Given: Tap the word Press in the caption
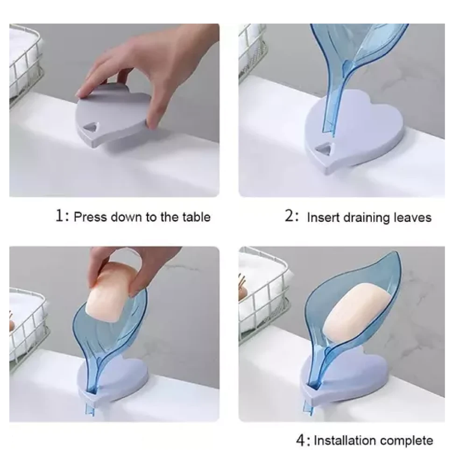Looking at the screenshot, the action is click(90, 217).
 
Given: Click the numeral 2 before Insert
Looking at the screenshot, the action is click(289, 215).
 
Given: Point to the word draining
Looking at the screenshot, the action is click(366, 218).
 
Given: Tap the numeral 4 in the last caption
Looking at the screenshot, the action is click(300, 440).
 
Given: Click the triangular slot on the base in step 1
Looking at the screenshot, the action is click(91, 128).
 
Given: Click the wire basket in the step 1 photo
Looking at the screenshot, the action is click(24, 63).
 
